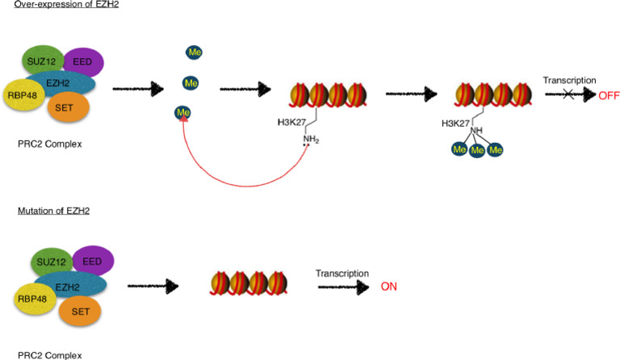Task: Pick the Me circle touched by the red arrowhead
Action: (184, 112)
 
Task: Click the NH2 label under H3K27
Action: (311, 139)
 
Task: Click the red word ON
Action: (390, 287)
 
